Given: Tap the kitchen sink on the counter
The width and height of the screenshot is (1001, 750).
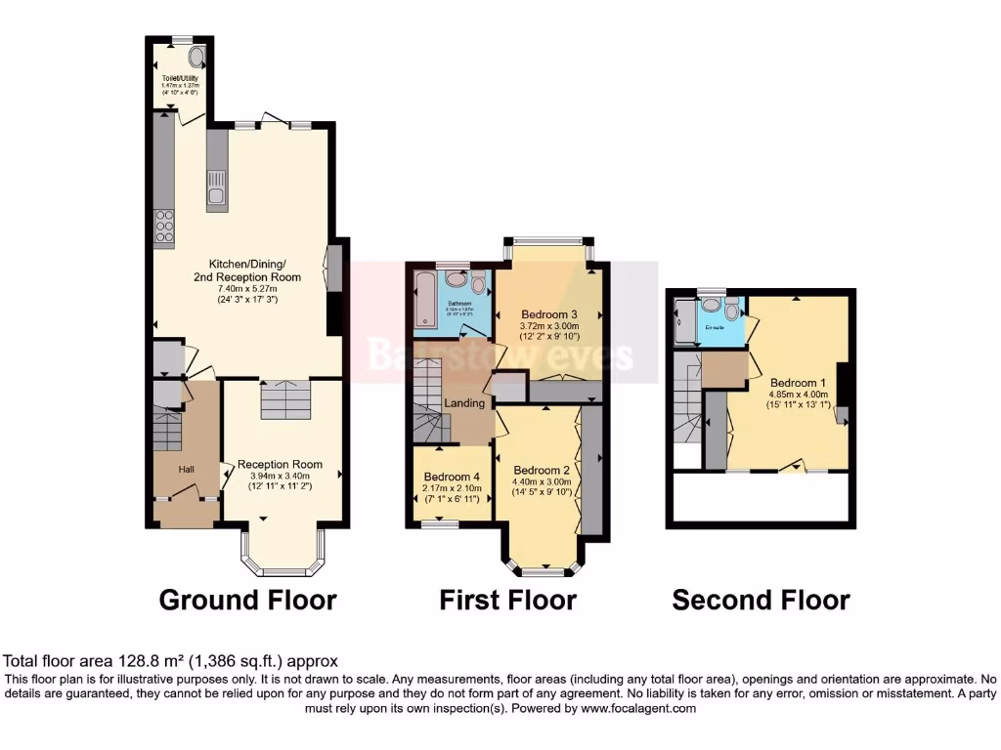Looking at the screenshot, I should [x=215, y=196].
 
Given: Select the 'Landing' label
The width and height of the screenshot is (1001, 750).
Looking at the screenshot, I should [x=465, y=403].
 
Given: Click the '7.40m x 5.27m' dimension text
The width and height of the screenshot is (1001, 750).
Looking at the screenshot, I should [x=246, y=289].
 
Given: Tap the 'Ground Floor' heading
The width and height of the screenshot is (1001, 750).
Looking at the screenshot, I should [x=247, y=600].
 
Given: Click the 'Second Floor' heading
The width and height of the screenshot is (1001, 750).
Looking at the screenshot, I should [x=761, y=600].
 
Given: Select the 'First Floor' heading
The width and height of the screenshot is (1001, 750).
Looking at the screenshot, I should [x=507, y=600].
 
